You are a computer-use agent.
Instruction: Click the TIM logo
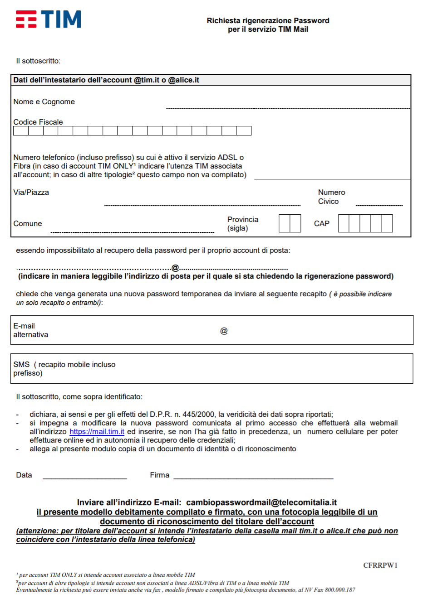49,19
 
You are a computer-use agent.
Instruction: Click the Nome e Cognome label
44,102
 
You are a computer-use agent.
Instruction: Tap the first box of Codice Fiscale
21,131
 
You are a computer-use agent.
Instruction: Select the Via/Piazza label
31,193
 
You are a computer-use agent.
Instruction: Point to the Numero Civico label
331,197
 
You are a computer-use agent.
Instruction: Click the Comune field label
28,224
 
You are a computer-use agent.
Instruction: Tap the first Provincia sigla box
284,224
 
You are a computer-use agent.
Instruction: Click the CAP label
322,224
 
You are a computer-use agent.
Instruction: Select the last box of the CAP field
387,224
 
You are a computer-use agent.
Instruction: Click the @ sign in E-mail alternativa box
224,331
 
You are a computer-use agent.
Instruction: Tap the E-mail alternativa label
30,330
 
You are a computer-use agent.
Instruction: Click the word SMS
21,365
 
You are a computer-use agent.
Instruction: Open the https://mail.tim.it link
97,432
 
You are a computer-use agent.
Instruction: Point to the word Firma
160,475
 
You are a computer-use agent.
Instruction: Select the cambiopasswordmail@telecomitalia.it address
261,502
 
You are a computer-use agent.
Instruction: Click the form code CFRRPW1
380,565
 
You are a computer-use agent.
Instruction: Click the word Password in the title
311,21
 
